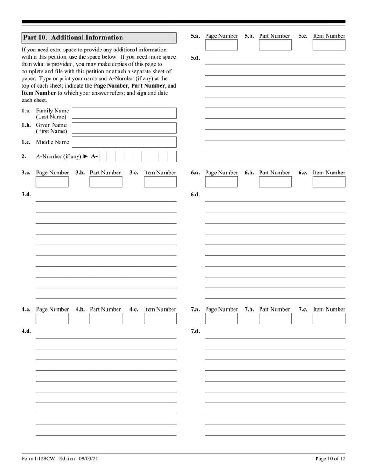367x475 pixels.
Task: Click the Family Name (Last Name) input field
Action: pyautogui.click(x=124, y=113)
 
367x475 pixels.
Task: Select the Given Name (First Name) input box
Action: pyautogui.click(x=124, y=128)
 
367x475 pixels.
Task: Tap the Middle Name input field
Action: pyautogui.click(x=124, y=142)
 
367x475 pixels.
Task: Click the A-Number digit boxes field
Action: pyautogui.click(x=138, y=156)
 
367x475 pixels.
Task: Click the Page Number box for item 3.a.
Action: pyautogui.click(x=52, y=182)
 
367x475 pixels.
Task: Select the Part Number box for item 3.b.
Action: pyautogui.click(x=106, y=182)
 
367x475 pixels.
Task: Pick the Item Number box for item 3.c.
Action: pyautogui.click(x=160, y=182)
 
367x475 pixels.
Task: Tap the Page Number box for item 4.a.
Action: pyautogui.click(x=52, y=319)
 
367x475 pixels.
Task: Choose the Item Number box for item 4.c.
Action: pyautogui.click(x=160, y=319)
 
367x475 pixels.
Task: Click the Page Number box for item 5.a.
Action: pyautogui.click(x=221, y=45)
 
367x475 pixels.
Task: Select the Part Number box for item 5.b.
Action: pyautogui.click(x=275, y=45)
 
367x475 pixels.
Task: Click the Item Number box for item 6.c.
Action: pyautogui.click(x=329, y=182)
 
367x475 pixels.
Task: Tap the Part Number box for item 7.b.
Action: pyautogui.click(x=275, y=319)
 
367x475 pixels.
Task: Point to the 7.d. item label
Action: pyautogui.click(x=195, y=331)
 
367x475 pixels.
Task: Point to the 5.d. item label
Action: pyautogui.click(x=195, y=58)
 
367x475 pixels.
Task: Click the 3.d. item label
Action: pyautogui.click(x=26, y=195)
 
